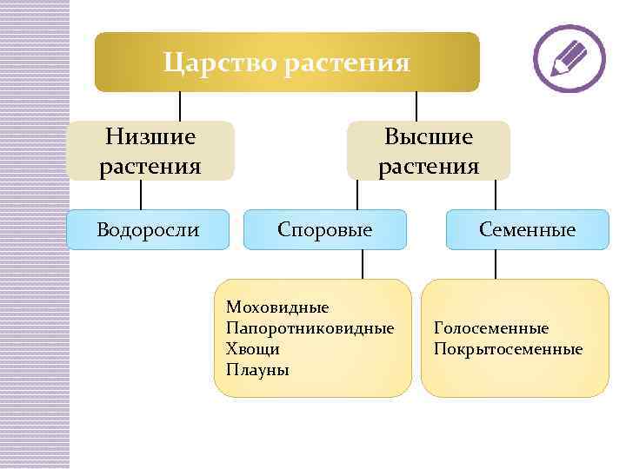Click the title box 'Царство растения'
(x=287, y=63)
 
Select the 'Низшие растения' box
(x=150, y=151)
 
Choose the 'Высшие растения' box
(x=429, y=151)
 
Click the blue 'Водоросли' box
(x=148, y=230)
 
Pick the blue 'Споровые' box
(x=324, y=230)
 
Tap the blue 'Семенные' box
(x=527, y=230)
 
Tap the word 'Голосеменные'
(x=490, y=328)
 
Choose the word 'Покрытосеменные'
(x=508, y=349)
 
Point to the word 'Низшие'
(x=150, y=137)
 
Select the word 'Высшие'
(x=429, y=137)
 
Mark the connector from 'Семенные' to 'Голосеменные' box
(x=496, y=265)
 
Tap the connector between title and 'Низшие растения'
(x=180, y=106)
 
